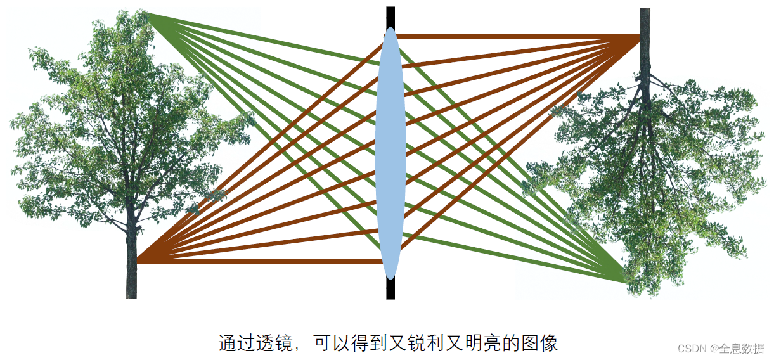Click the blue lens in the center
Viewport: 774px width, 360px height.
pos(390,152)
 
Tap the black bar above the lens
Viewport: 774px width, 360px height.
pos(390,16)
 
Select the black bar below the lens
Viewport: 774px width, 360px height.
pos(390,289)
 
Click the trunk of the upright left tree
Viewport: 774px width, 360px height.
pos(131,266)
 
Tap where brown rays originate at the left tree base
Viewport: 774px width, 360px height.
pos(138,260)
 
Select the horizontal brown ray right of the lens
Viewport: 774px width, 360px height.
pos(507,36)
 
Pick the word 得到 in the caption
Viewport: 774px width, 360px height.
pos(368,344)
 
